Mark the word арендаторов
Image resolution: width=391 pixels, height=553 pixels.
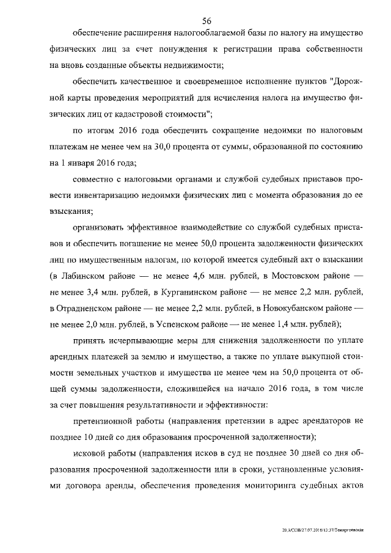321,421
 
